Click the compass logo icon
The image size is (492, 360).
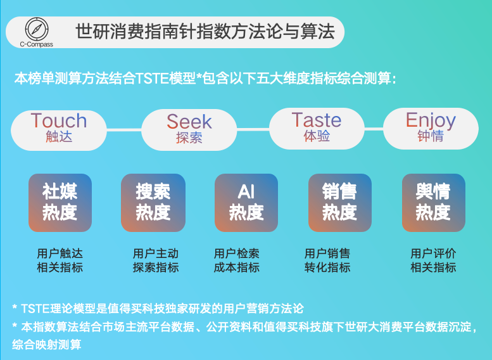[x=37, y=29]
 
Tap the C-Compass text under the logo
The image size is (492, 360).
[x=36, y=44]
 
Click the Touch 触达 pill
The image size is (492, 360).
[x=59, y=130]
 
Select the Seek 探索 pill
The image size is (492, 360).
[x=189, y=130]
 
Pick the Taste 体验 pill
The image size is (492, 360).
[x=317, y=129]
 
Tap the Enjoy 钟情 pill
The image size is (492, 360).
[x=431, y=129]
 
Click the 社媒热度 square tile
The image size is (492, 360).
[x=60, y=203]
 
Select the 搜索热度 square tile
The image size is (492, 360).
[x=153, y=203]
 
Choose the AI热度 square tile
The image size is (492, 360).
[x=246, y=203]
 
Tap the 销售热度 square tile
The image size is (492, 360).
[x=340, y=203]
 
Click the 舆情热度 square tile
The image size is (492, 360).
[x=434, y=203]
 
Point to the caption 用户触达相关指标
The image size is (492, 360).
[x=60, y=260]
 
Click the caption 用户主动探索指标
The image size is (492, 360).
[x=156, y=260]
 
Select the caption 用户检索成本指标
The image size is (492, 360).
[x=237, y=260]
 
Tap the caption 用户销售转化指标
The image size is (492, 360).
[x=327, y=260]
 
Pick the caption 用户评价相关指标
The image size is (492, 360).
[x=433, y=260]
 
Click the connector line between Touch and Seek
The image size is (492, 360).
[x=124, y=130]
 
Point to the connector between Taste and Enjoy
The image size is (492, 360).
[x=374, y=129]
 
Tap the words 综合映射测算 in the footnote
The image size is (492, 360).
[x=46, y=345]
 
